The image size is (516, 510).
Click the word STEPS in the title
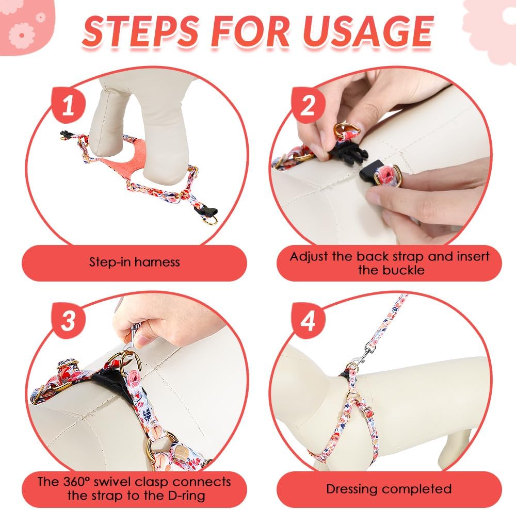pos(140,31)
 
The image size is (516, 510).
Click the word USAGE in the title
pos(367,31)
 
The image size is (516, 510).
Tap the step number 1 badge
pos(68,105)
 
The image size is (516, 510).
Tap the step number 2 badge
pos(308,105)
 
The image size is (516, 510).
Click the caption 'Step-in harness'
pos(135,262)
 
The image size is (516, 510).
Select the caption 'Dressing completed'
pos(389,489)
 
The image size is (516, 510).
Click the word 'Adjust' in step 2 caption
pos(309,257)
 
